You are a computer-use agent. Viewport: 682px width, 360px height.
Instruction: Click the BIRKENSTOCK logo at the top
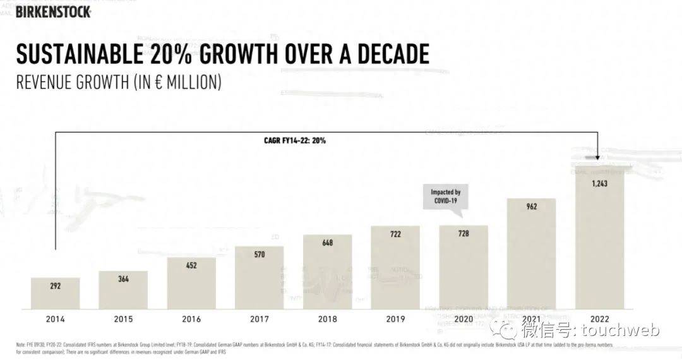pos(54,11)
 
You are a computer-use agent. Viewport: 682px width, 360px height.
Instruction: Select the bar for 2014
pos(56,294)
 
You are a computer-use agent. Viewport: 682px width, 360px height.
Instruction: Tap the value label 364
pos(123,279)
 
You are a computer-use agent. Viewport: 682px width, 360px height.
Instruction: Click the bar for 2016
pos(191,284)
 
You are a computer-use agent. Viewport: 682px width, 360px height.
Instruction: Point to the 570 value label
pos(260,255)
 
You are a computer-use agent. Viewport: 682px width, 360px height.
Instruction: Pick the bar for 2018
pos(328,272)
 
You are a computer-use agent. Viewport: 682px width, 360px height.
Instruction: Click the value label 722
pos(395,234)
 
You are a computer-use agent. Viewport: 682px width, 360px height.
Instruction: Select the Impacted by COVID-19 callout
pos(446,196)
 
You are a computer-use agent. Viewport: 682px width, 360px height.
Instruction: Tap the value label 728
pos(464,234)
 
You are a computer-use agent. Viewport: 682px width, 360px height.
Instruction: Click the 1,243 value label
pos(599,183)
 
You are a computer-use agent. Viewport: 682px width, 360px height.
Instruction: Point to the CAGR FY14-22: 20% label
pos(294,140)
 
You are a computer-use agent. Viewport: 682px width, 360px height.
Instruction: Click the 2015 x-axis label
pos(123,319)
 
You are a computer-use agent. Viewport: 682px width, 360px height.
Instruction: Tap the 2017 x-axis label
pos(260,319)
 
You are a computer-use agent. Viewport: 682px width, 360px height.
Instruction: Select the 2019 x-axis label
pos(395,319)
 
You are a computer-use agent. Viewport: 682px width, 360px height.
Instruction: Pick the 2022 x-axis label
pos(599,319)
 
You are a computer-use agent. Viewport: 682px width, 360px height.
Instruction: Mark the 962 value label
pos(532,207)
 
